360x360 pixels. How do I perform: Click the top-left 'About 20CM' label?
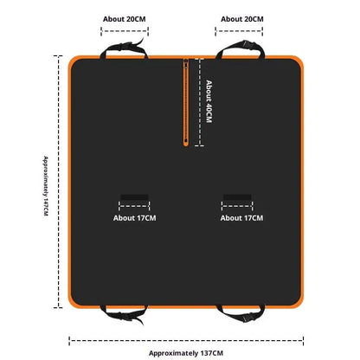click(x=125, y=19)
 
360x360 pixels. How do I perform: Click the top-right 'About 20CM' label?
click(x=242, y=19)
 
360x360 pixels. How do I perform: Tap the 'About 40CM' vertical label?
click(x=209, y=102)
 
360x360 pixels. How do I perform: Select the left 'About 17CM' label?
click(x=134, y=218)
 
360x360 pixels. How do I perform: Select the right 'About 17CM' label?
click(x=241, y=218)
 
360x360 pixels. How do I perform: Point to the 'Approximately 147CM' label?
click(x=46, y=186)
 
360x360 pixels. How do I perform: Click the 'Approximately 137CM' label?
click(x=186, y=353)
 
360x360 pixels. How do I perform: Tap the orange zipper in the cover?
click(x=186, y=102)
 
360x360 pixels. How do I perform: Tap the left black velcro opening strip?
click(x=134, y=197)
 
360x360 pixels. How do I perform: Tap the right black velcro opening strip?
click(x=237, y=197)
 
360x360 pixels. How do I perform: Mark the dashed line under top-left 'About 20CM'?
click(x=125, y=31)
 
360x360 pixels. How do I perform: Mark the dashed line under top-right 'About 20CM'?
click(x=239, y=31)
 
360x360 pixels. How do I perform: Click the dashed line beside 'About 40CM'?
click(x=199, y=102)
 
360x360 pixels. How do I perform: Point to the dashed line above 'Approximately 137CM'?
click(x=186, y=341)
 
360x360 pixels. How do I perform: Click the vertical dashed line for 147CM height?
click(x=59, y=182)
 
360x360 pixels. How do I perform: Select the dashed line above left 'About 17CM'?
click(x=134, y=206)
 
